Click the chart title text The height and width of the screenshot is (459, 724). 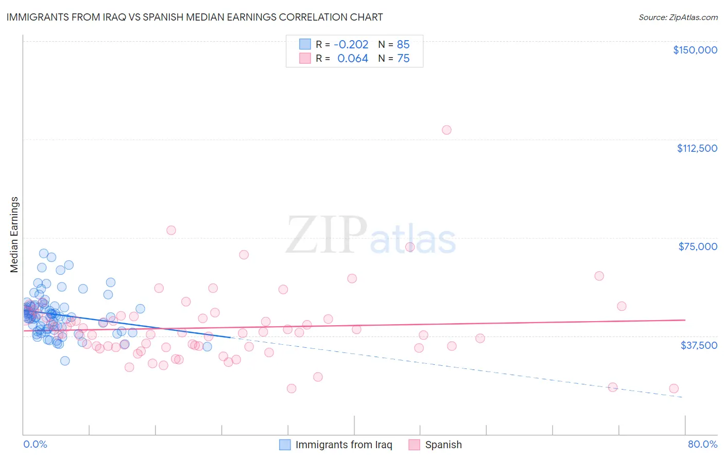coord(195,17)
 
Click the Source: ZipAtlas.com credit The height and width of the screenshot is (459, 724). coord(678,17)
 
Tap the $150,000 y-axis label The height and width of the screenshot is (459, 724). coord(695,50)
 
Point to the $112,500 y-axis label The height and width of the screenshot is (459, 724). coord(697,148)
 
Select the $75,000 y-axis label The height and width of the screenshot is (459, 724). coord(698,246)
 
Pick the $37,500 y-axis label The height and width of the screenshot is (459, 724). coord(699,345)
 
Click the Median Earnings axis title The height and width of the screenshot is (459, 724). coord(14,235)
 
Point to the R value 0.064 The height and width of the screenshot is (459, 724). coord(353,59)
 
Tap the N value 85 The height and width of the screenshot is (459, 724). coord(403,45)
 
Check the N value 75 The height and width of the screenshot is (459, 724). coord(403,59)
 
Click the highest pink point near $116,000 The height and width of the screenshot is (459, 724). coord(446,130)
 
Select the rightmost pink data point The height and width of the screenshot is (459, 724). coord(674,389)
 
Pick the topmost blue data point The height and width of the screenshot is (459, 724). coord(44,253)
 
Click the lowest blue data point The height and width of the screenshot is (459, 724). coord(65,361)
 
